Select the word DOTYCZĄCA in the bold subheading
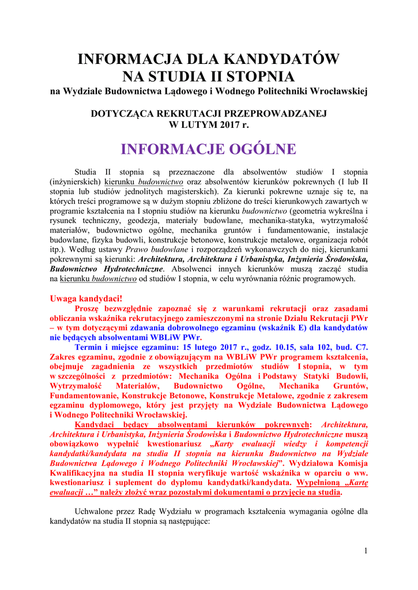pos(122,114)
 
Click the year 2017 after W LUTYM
pos(224,124)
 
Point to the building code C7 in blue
pos(360,347)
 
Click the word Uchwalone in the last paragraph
pos(95,511)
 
